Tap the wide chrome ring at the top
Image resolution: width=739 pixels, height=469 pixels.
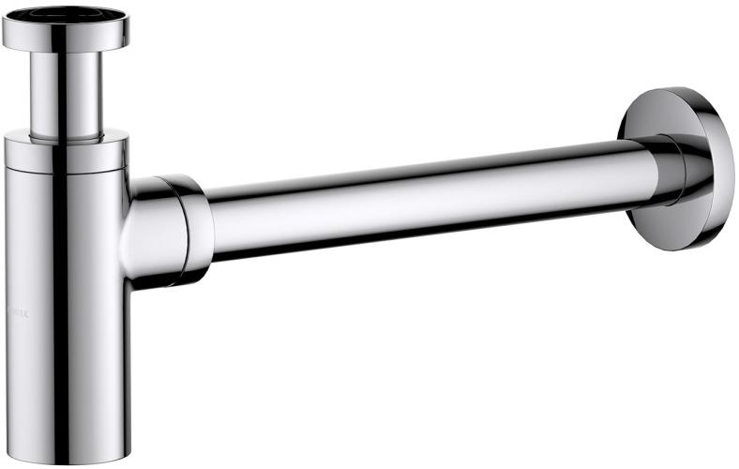[94, 35]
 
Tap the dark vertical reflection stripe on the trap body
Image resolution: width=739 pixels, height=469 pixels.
[58, 310]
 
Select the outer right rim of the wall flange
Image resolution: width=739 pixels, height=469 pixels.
[730, 169]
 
